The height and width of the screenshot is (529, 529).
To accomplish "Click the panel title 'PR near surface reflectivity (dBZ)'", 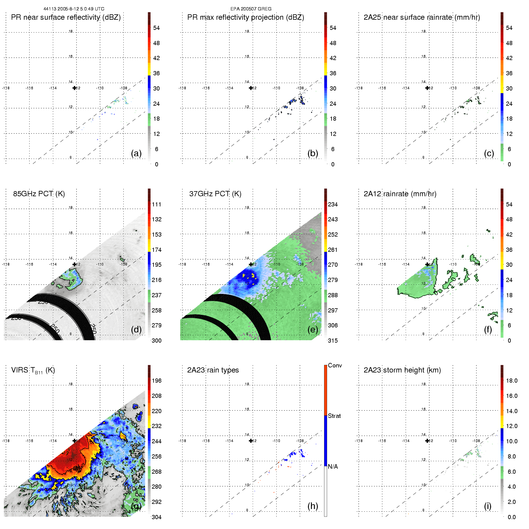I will pyautogui.click(x=66, y=17).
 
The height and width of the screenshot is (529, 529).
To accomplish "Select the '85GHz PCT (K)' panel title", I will pyautogui.click(x=39, y=194).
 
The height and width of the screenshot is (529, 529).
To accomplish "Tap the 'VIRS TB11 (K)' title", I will pyautogui.click(x=33, y=370).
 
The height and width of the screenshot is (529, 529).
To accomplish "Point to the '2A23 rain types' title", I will pyautogui.click(x=213, y=370).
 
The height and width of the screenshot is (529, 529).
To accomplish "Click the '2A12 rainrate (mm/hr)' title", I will pyautogui.click(x=400, y=194).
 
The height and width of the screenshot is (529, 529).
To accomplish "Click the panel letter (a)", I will pyautogui.click(x=136, y=153).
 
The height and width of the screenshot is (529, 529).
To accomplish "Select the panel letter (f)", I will pyautogui.click(x=488, y=329).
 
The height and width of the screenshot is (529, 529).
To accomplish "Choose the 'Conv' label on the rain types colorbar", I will pyautogui.click(x=335, y=365).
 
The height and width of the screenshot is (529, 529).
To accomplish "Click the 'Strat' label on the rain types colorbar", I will pyautogui.click(x=334, y=416).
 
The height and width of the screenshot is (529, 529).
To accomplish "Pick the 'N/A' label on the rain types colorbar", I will pyautogui.click(x=333, y=467).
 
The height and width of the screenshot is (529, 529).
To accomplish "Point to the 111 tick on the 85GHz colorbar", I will pyautogui.click(x=157, y=204).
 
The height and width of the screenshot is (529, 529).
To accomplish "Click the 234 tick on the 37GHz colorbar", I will pyautogui.click(x=333, y=204).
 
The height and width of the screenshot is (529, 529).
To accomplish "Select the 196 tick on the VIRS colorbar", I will pyautogui.click(x=157, y=381).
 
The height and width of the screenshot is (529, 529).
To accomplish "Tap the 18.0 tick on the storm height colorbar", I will pyautogui.click(x=511, y=381).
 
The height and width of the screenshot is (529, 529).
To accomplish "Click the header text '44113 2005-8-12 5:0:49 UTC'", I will pyautogui.click(x=74, y=9).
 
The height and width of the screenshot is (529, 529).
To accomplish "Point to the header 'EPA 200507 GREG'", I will pyautogui.click(x=251, y=9).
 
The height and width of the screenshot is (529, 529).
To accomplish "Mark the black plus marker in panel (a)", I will pyautogui.click(x=74, y=88).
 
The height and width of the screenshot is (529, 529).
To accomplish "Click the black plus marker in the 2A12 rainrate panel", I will pyautogui.click(x=427, y=264).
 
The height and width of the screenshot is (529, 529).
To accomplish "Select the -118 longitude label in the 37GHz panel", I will pyautogui.click(x=182, y=264).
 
